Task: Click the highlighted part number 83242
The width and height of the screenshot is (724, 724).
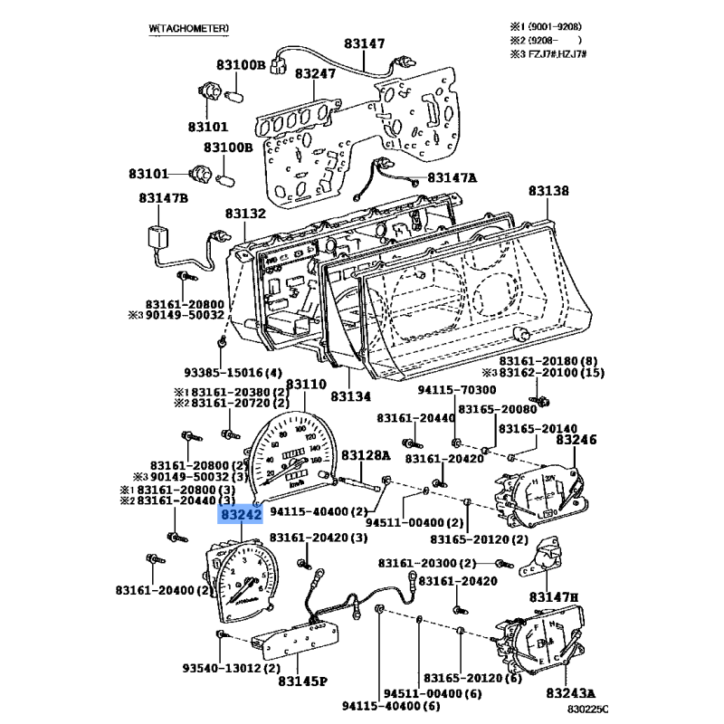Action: click(240, 515)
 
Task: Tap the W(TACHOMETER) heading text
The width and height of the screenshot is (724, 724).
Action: click(188, 29)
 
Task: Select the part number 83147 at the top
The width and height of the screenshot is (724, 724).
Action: click(364, 43)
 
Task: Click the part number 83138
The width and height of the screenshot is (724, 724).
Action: click(549, 191)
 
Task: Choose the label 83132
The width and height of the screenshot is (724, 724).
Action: click(244, 214)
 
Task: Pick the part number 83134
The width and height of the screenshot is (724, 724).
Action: click(351, 396)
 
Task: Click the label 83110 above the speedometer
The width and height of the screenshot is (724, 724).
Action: click(303, 385)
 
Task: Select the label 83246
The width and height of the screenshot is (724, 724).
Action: click(576, 440)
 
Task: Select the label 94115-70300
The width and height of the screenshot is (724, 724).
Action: click(457, 390)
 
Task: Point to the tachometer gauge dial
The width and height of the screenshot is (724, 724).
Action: click(243, 581)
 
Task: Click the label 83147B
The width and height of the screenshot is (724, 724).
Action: click(164, 197)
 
